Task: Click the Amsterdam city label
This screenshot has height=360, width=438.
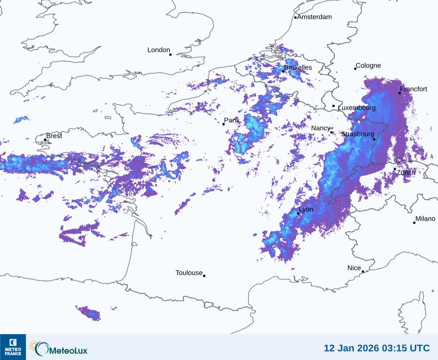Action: [314, 17]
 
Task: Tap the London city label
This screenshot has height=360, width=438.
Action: [159, 50]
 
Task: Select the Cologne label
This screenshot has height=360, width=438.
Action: [368, 66]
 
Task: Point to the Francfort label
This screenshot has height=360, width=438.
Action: [414, 89]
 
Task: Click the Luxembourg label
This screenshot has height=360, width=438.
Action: [357, 108]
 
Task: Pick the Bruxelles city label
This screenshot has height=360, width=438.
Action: [298, 68]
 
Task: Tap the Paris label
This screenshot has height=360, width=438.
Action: [232, 120]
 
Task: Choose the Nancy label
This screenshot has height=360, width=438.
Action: [321, 128]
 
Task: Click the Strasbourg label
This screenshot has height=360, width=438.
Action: [358, 134]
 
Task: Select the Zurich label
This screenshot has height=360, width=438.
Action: [406, 172]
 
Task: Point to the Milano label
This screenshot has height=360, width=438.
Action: [425, 219]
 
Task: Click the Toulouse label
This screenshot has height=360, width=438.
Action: [189, 273]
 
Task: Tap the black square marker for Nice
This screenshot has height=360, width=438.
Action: [363, 272]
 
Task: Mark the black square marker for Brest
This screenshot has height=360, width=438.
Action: [45, 140]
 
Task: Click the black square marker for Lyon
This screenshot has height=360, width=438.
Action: [298, 213]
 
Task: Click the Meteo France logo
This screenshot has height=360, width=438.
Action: [13, 347]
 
